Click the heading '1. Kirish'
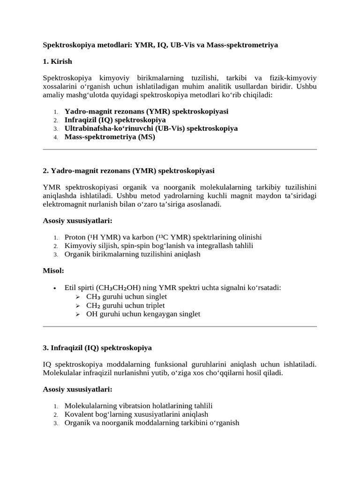tap(57, 61)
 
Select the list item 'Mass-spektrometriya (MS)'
tap(110, 137)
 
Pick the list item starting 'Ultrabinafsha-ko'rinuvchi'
tap(151, 128)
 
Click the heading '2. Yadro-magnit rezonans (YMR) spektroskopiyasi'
tap(128, 171)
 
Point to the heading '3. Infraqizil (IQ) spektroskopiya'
tap(97, 348)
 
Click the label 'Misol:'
tap(53, 271)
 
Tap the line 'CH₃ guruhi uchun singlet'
tap(127, 297)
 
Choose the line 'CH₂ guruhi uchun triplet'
tap(126, 305)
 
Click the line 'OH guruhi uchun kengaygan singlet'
tap(143, 314)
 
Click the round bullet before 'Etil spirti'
tap(55, 288)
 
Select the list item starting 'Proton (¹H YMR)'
tap(163, 237)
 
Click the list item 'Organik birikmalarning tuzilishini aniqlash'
tap(132, 254)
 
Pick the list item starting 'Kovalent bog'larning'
tap(136, 414)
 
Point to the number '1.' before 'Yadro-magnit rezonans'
tap(55, 112)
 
